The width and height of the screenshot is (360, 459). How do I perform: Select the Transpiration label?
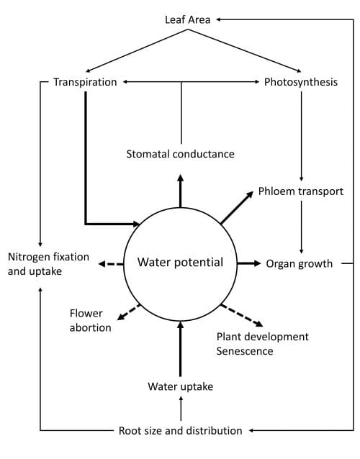click(85, 82)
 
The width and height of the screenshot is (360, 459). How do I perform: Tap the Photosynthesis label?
click(301, 82)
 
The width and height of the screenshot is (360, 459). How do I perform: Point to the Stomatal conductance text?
click(180, 154)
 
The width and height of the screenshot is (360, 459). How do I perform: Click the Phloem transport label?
click(301, 191)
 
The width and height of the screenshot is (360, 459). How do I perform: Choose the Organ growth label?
click(300, 263)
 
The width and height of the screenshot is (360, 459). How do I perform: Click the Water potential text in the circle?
click(180, 263)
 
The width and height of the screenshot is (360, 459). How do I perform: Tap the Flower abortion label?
click(90, 320)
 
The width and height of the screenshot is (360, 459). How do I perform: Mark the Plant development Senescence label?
click(263, 343)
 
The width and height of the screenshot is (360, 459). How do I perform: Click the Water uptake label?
click(180, 386)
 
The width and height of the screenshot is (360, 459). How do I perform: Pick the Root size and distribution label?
click(180, 430)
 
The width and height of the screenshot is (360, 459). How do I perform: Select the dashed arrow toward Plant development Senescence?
click(241, 316)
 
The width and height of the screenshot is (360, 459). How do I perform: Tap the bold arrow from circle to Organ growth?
click(249, 263)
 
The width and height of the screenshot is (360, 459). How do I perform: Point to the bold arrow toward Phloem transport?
click(236, 209)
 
